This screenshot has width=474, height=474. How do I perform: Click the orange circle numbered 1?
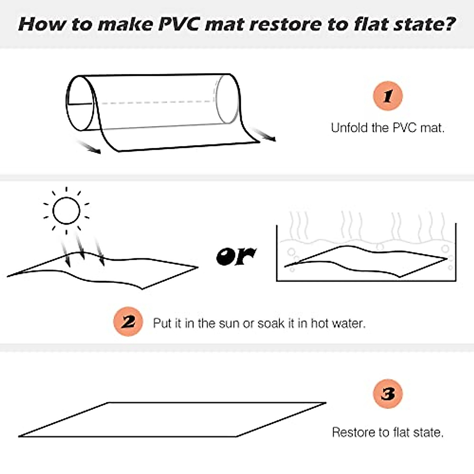tap(387, 96)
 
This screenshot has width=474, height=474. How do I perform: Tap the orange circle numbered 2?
tap(128, 322)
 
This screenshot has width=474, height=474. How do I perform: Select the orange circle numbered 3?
tap(387, 394)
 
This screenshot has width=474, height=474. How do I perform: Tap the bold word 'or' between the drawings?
tap(236, 256)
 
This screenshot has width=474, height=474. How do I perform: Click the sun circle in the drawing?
tap(66, 211)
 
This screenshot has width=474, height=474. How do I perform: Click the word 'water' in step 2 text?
tap(348, 324)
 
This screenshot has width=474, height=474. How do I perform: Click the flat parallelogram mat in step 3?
tap(173, 419)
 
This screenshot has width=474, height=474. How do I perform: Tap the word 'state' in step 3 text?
tap(427, 432)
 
